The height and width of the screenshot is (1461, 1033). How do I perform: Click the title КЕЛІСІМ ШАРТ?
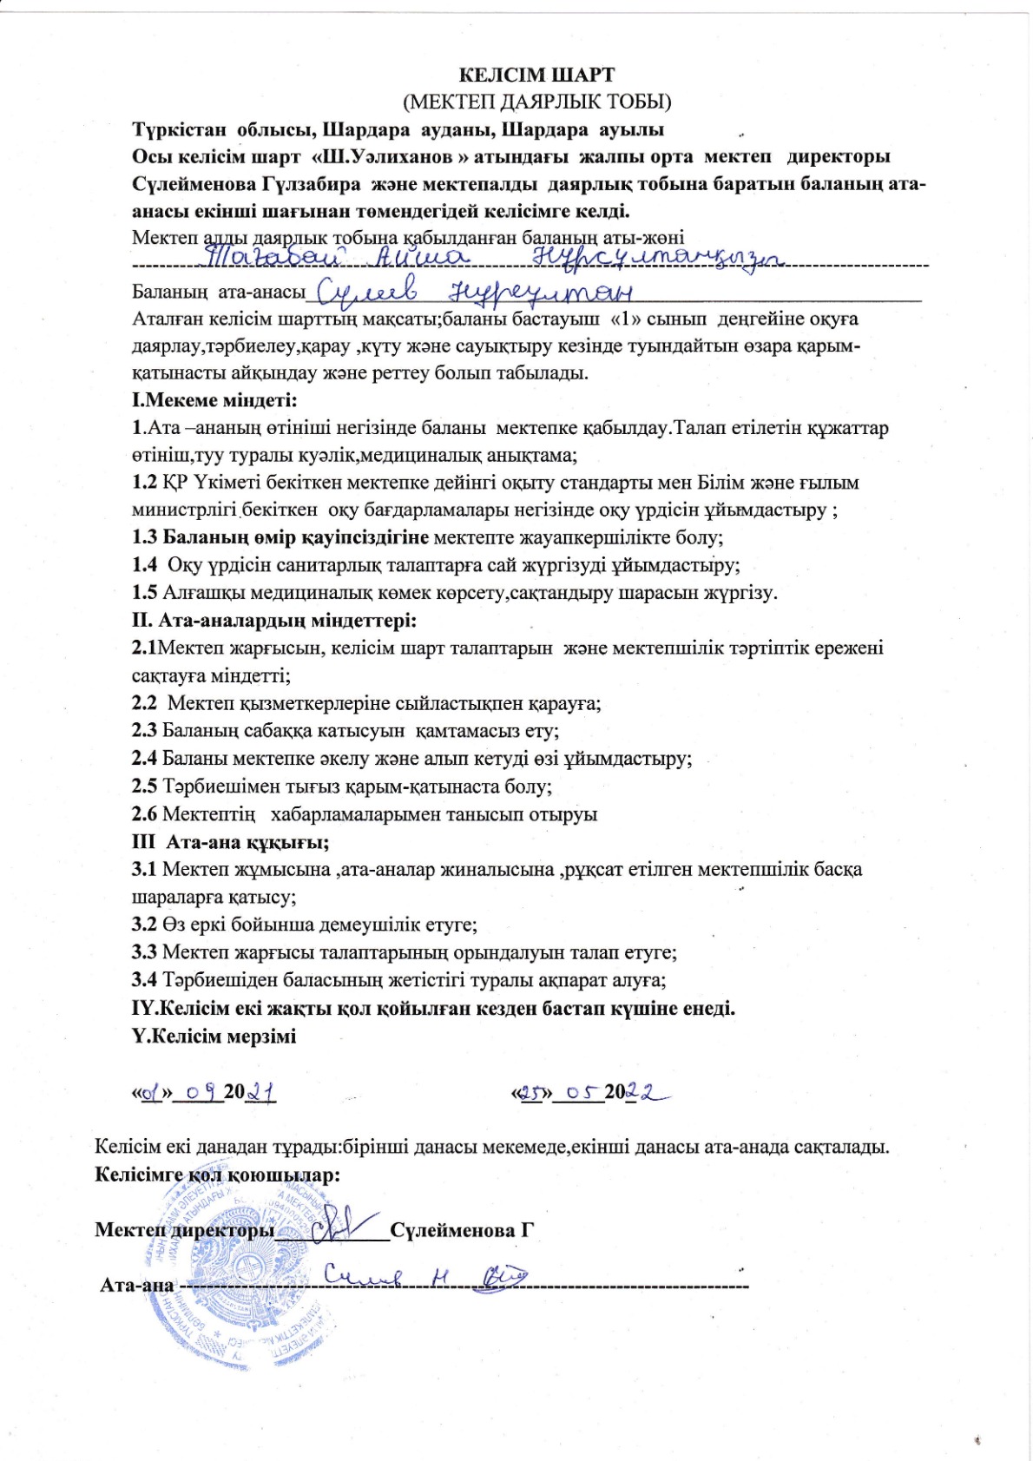point(536,75)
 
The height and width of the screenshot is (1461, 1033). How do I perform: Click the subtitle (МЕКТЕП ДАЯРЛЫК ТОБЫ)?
point(536,102)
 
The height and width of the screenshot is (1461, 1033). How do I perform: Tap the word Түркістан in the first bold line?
point(178,129)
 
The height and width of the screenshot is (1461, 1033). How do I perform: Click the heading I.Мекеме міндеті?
point(214,400)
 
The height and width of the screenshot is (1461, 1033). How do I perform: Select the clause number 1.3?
point(144,537)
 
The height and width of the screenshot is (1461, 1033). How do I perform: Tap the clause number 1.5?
point(144,593)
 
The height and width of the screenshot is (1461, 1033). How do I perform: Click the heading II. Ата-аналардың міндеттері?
point(274,621)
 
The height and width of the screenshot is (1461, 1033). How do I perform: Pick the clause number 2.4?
point(144,759)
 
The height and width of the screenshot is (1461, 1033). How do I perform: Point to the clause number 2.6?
point(144,814)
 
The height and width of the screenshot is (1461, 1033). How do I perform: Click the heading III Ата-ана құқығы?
point(230,842)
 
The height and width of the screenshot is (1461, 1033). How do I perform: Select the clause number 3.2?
point(144,925)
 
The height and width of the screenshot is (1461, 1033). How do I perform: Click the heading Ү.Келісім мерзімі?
point(214,1037)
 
